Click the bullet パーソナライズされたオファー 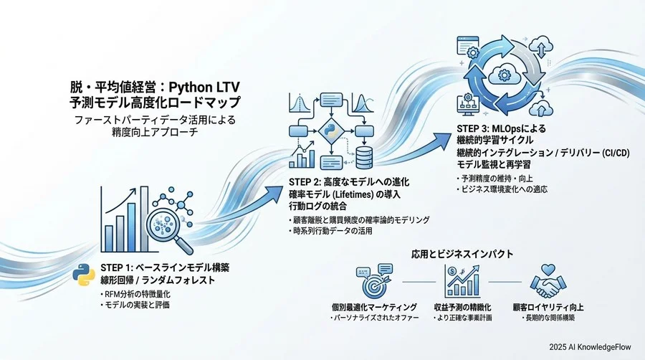(372, 317)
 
